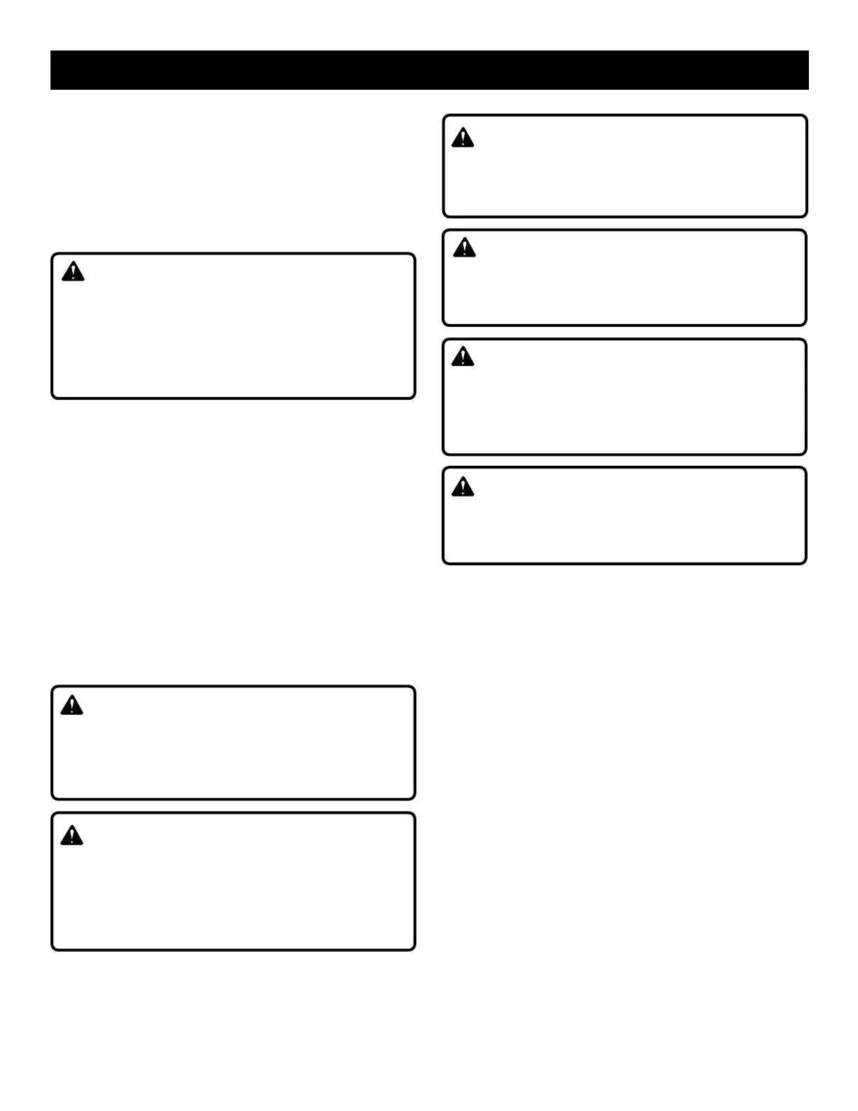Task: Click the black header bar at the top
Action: click(429, 70)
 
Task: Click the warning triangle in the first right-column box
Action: click(463, 138)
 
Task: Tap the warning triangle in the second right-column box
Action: click(464, 248)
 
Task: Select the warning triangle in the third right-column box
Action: click(463, 357)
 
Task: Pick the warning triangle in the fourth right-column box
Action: click(463, 487)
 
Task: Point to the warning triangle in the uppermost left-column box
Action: click(73, 272)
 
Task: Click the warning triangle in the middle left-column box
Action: click(71, 706)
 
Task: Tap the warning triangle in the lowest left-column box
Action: click(71, 836)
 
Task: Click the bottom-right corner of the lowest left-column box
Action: click(414, 949)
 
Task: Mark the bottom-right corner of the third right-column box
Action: click(805, 453)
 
